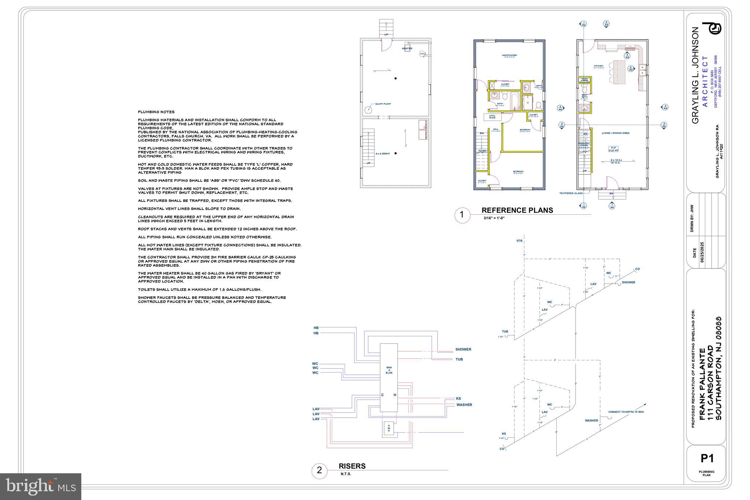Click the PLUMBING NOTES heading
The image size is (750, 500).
[x=156, y=112]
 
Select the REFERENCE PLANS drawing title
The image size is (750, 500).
[x=517, y=210]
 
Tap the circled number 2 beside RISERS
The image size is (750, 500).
[x=319, y=470]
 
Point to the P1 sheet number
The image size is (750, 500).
[x=707, y=458]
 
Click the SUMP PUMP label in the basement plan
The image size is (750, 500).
[x=383, y=104]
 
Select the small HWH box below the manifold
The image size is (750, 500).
[x=389, y=428]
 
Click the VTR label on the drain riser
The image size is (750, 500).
[x=519, y=241]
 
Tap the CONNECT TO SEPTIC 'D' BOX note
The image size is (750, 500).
[x=626, y=412]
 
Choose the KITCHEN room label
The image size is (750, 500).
[x=598, y=66]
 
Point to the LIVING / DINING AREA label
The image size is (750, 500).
[x=615, y=133]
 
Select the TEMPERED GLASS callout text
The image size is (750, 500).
[x=571, y=193]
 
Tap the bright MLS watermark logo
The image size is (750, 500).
[x=41, y=486]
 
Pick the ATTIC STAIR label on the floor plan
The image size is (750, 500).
[x=492, y=117]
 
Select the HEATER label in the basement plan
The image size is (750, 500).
[x=407, y=48]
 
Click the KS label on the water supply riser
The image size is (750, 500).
[x=458, y=398]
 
